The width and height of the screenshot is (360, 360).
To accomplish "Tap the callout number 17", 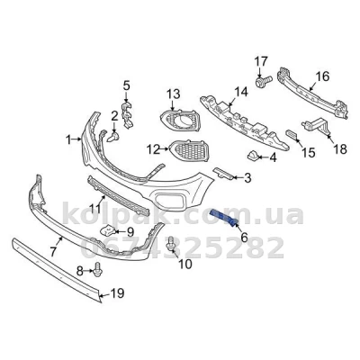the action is [261, 62].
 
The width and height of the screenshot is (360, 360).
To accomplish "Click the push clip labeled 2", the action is [113, 138].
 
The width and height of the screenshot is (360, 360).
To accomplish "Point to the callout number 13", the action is [174, 94].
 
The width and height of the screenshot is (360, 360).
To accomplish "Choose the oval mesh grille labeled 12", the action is [190, 150].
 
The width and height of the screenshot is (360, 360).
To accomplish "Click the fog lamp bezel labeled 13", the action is [179, 121].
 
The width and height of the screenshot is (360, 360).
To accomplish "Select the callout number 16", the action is [322, 76].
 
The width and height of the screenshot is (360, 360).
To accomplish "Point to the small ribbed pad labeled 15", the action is [292, 135].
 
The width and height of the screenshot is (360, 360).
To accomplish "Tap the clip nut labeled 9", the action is [107, 231].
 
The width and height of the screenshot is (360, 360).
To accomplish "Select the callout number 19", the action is [117, 293].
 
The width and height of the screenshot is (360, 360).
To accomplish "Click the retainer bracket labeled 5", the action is [127, 115].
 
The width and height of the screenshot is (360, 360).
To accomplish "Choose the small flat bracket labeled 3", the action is [222, 174].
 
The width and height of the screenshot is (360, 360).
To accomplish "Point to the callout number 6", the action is [244, 238].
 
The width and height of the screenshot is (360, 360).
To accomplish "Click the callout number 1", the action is [68, 139].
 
